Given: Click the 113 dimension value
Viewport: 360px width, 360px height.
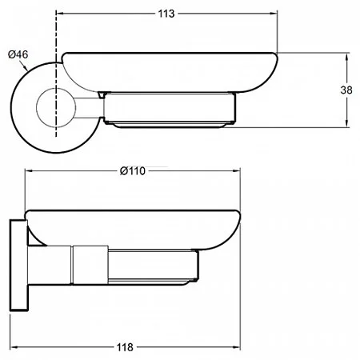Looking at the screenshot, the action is coord(166,14).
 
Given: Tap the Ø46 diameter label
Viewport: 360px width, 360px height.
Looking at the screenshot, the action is coord(18,54).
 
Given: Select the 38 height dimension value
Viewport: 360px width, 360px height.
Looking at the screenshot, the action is coord(346,90).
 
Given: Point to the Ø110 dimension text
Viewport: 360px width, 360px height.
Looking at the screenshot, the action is coord(133,170).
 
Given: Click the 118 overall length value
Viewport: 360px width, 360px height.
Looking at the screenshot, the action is coord(125,347).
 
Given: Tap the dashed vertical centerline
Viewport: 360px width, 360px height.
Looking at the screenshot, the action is coord(56,74).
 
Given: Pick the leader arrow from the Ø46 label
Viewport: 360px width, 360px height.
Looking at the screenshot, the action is coord(24,66).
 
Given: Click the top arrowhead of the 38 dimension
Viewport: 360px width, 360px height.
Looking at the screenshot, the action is coord(346,57).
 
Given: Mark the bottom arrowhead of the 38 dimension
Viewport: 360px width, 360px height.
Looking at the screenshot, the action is coord(346,123).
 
